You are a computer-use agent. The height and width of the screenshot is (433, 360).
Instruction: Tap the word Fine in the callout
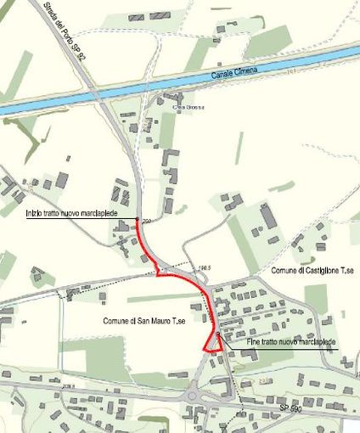233,341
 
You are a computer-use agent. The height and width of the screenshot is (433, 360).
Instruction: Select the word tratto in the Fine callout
253,341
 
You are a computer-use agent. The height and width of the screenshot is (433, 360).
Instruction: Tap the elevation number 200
146,222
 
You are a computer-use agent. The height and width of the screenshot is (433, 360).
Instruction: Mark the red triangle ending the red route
212,344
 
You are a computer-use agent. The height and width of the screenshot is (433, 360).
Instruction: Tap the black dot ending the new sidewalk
218,335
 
